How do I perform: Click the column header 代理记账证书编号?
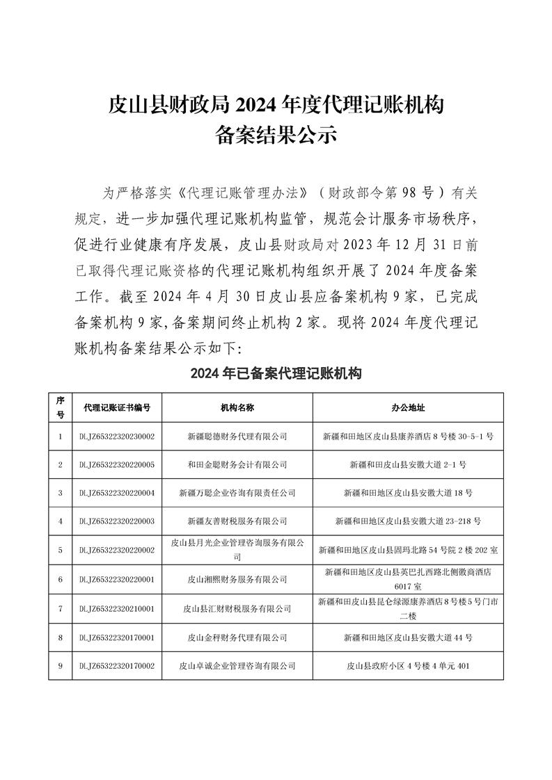click(x=116, y=407)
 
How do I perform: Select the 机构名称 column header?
click(x=237, y=407)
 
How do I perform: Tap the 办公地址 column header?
click(x=408, y=407)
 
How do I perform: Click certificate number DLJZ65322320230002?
click(x=116, y=437)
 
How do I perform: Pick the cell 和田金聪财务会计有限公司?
click(x=237, y=464)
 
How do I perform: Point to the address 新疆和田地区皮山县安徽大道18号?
click(x=408, y=493)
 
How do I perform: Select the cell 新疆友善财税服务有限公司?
click(x=237, y=521)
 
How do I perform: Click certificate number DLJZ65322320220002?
click(x=116, y=550)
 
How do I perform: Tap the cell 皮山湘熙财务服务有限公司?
click(x=237, y=579)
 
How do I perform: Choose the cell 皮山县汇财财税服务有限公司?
click(x=237, y=608)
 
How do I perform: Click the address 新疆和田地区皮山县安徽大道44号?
click(x=408, y=637)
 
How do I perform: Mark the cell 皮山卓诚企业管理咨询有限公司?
click(x=237, y=666)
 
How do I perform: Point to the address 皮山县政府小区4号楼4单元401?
click(x=408, y=666)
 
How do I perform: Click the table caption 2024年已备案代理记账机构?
click(x=276, y=374)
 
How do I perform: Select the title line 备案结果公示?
click(x=276, y=133)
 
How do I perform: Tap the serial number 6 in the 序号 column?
click(x=61, y=579)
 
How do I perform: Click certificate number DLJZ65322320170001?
click(x=116, y=637)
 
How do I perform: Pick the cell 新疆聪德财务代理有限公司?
click(x=237, y=437)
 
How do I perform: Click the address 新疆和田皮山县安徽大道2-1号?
click(x=408, y=464)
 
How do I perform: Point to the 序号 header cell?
click(x=61, y=407)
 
